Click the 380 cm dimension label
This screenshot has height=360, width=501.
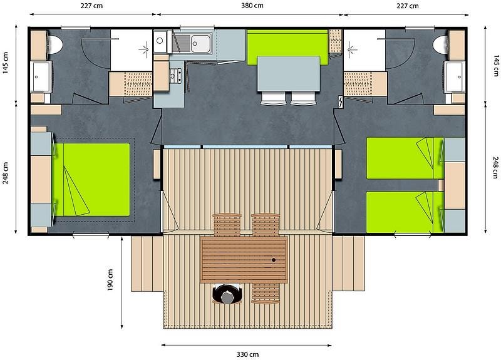coord(252,6)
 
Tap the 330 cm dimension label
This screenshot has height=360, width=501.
coord(247,354)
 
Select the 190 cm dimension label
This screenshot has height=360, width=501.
coord(110,280)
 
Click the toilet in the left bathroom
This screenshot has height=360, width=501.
coord(54,44)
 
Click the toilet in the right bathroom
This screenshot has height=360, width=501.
coord(441,44)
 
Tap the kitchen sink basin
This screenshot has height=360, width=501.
coord(200,43)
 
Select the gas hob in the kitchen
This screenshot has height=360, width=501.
coord(175,76)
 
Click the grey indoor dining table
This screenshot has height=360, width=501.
coord(289,74)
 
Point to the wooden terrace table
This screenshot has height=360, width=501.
coord(244,260)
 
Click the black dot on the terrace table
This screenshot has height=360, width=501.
coord(274,260)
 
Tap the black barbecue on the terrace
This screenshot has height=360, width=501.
coord(227,294)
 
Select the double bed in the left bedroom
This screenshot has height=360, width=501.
coord(91,180)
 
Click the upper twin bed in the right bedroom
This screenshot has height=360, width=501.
coord(405,158)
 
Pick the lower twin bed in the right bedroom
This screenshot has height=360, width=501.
coord(405,212)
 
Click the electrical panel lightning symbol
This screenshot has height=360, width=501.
coord(341,102)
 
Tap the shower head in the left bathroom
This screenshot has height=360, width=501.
coord(145,49)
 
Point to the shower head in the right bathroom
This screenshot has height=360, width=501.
coord(351,49)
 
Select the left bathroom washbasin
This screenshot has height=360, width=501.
coord(41,77)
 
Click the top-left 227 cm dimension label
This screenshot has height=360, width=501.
coord(91,6)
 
